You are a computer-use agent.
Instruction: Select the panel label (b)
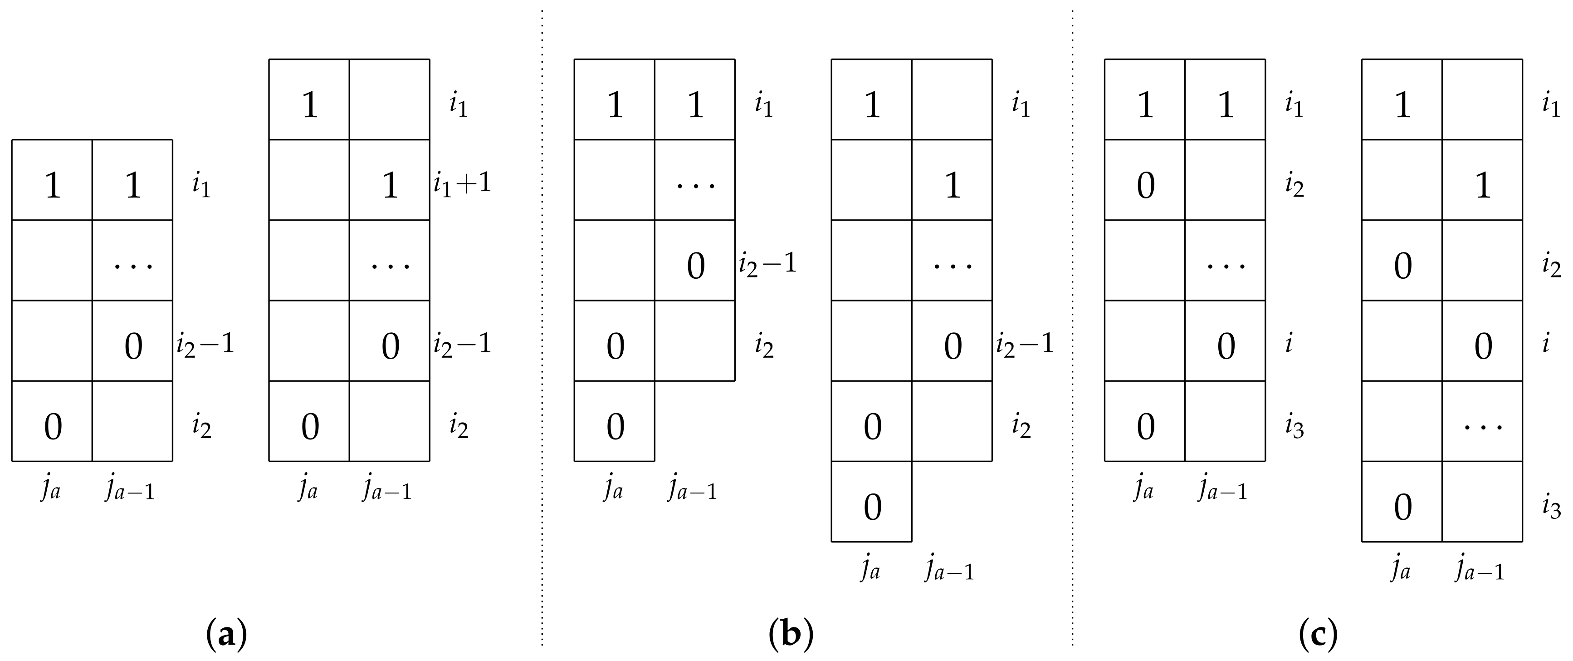click(791, 635)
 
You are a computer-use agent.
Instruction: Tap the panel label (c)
click(1319, 635)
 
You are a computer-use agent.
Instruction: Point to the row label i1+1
click(462, 184)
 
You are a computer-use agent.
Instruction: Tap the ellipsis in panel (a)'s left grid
click(133, 265)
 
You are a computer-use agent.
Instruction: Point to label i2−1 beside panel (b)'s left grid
click(767, 265)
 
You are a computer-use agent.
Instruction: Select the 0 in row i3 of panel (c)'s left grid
click(1146, 426)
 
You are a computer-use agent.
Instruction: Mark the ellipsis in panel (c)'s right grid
click(1483, 426)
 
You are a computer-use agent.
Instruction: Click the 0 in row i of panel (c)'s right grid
click(1483, 346)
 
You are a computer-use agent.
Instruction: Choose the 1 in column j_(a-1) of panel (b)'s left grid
click(695, 105)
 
